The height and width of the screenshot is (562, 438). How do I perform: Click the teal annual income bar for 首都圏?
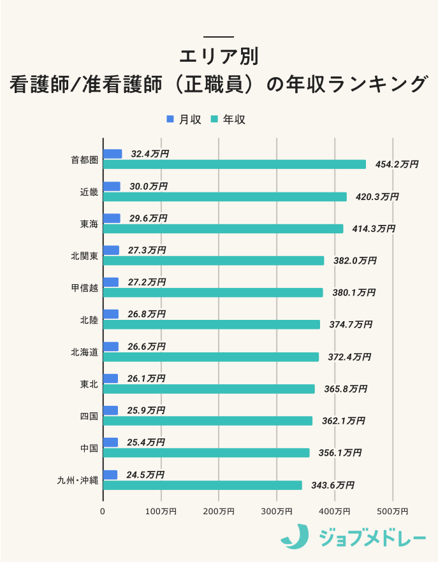coord(234,164)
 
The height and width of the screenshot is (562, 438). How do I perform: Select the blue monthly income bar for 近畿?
coord(112,186)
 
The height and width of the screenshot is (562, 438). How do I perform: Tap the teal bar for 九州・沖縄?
coord(202,486)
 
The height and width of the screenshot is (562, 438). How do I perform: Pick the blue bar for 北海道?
coord(111,347)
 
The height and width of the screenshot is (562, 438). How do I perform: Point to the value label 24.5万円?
coord(145,475)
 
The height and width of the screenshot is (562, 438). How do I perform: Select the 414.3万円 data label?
coord(374,229)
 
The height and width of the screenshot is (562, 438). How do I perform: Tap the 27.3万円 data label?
coord(147,250)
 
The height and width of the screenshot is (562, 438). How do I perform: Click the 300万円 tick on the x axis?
coord(277,511)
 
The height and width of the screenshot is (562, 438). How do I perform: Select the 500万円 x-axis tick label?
coord(393,511)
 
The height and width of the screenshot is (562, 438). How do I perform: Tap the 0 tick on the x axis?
coord(103,511)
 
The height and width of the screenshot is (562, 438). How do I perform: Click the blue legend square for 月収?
coord(170,119)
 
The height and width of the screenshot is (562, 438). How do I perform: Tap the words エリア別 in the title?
coord(219,57)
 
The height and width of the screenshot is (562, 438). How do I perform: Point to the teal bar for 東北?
coord(208,389)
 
